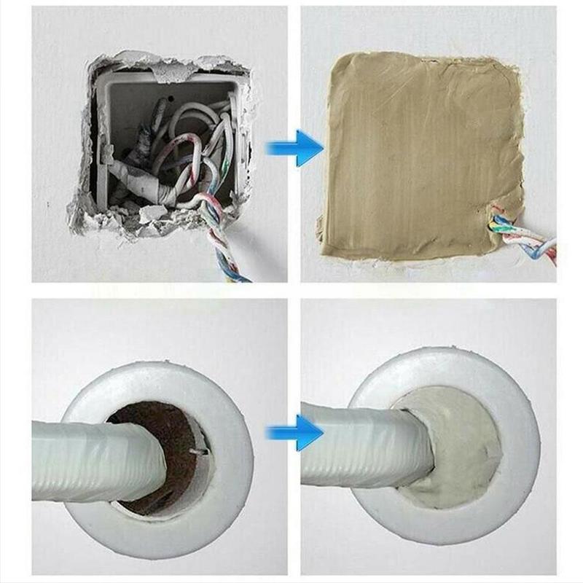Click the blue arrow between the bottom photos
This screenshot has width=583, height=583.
pos(295,434)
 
